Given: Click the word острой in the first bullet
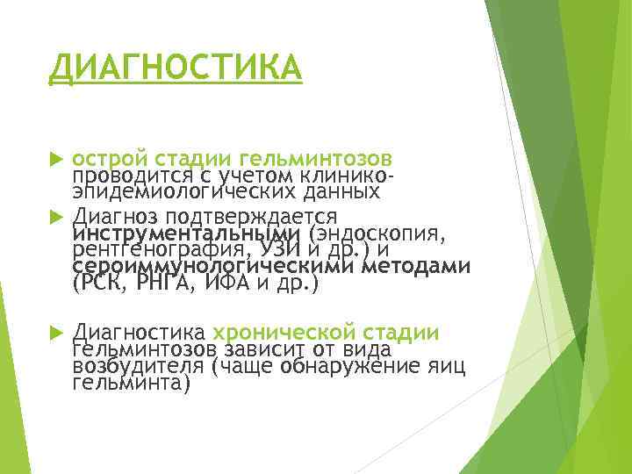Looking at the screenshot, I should pyautogui.click(x=109, y=159).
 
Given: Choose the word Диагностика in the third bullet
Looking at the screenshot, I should pyautogui.click(x=139, y=332).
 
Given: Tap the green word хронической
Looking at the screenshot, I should pyautogui.click(x=281, y=332).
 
